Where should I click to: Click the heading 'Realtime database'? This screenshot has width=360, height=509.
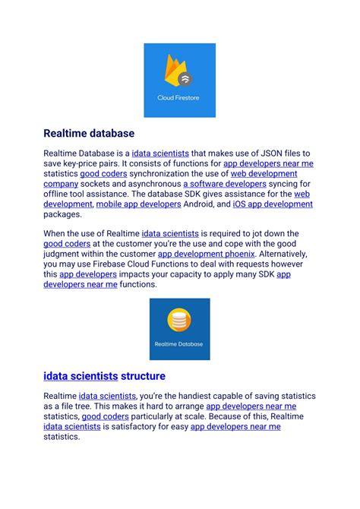point(88,134)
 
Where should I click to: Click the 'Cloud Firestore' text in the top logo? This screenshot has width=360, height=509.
point(179,98)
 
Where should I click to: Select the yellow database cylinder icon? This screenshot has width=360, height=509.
point(179,320)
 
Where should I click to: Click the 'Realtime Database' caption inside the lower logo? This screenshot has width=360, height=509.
point(179,344)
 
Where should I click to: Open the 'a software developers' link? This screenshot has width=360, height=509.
point(225,183)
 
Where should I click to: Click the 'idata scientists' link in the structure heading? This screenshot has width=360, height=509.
point(80,376)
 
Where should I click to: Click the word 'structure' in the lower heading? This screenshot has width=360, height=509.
point(143,376)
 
